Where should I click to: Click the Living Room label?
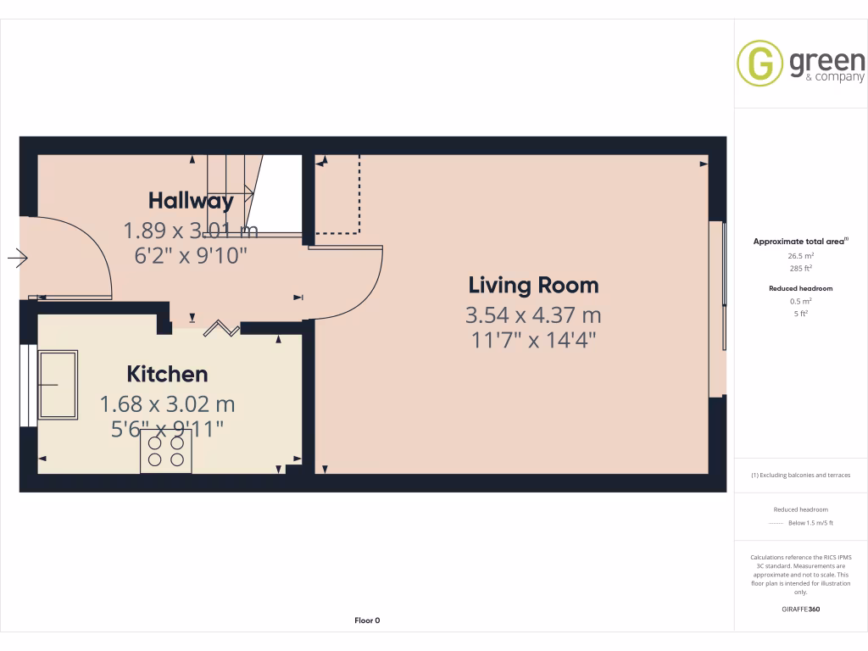point(533,286)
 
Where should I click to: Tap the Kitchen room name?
point(167,374)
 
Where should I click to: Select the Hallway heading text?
point(191,201)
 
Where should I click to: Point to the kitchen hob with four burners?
point(166,450)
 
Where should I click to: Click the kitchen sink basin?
point(58,384)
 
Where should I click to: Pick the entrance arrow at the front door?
point(18,258)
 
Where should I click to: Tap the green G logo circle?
point(759,63)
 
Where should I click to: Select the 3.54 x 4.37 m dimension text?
point(533,315)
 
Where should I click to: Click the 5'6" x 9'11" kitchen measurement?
point(167,430)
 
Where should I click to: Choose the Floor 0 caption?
point(367,620)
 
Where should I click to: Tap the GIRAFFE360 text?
point(801,609)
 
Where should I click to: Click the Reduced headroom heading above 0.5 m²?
point(801,288)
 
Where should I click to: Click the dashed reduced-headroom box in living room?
point(339,195)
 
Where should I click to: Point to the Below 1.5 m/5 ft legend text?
point(811,523)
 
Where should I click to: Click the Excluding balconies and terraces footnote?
point(801,476)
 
